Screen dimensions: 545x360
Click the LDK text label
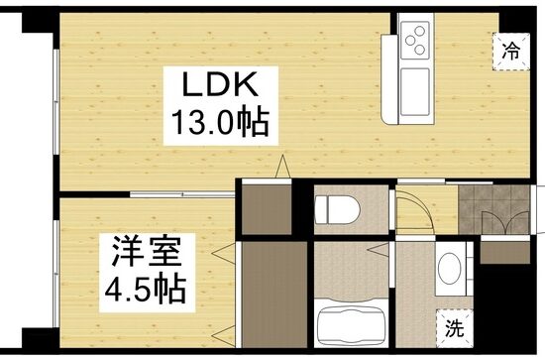click(220, 84)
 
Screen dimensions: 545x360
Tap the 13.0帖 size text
click(221, 122)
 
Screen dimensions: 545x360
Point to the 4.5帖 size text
click(146, 290)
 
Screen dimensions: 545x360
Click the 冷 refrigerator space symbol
click(511, 52)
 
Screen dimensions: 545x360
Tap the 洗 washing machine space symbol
click(454, 327)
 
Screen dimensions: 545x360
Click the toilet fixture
click(337, 209)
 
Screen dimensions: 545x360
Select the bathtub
click(351, 325)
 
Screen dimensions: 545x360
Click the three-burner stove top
click(415, 40)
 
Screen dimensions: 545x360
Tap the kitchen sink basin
click(415, 92)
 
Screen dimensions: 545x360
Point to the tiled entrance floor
click(493, 209)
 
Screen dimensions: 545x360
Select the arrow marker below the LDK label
click(283, 167)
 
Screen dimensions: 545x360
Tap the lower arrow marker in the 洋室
click(224, 336)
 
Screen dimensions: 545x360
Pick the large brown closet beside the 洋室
click(274, 295)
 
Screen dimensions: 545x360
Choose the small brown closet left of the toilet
click(267, 209)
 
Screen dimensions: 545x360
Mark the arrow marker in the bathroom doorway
click(379, 250)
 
